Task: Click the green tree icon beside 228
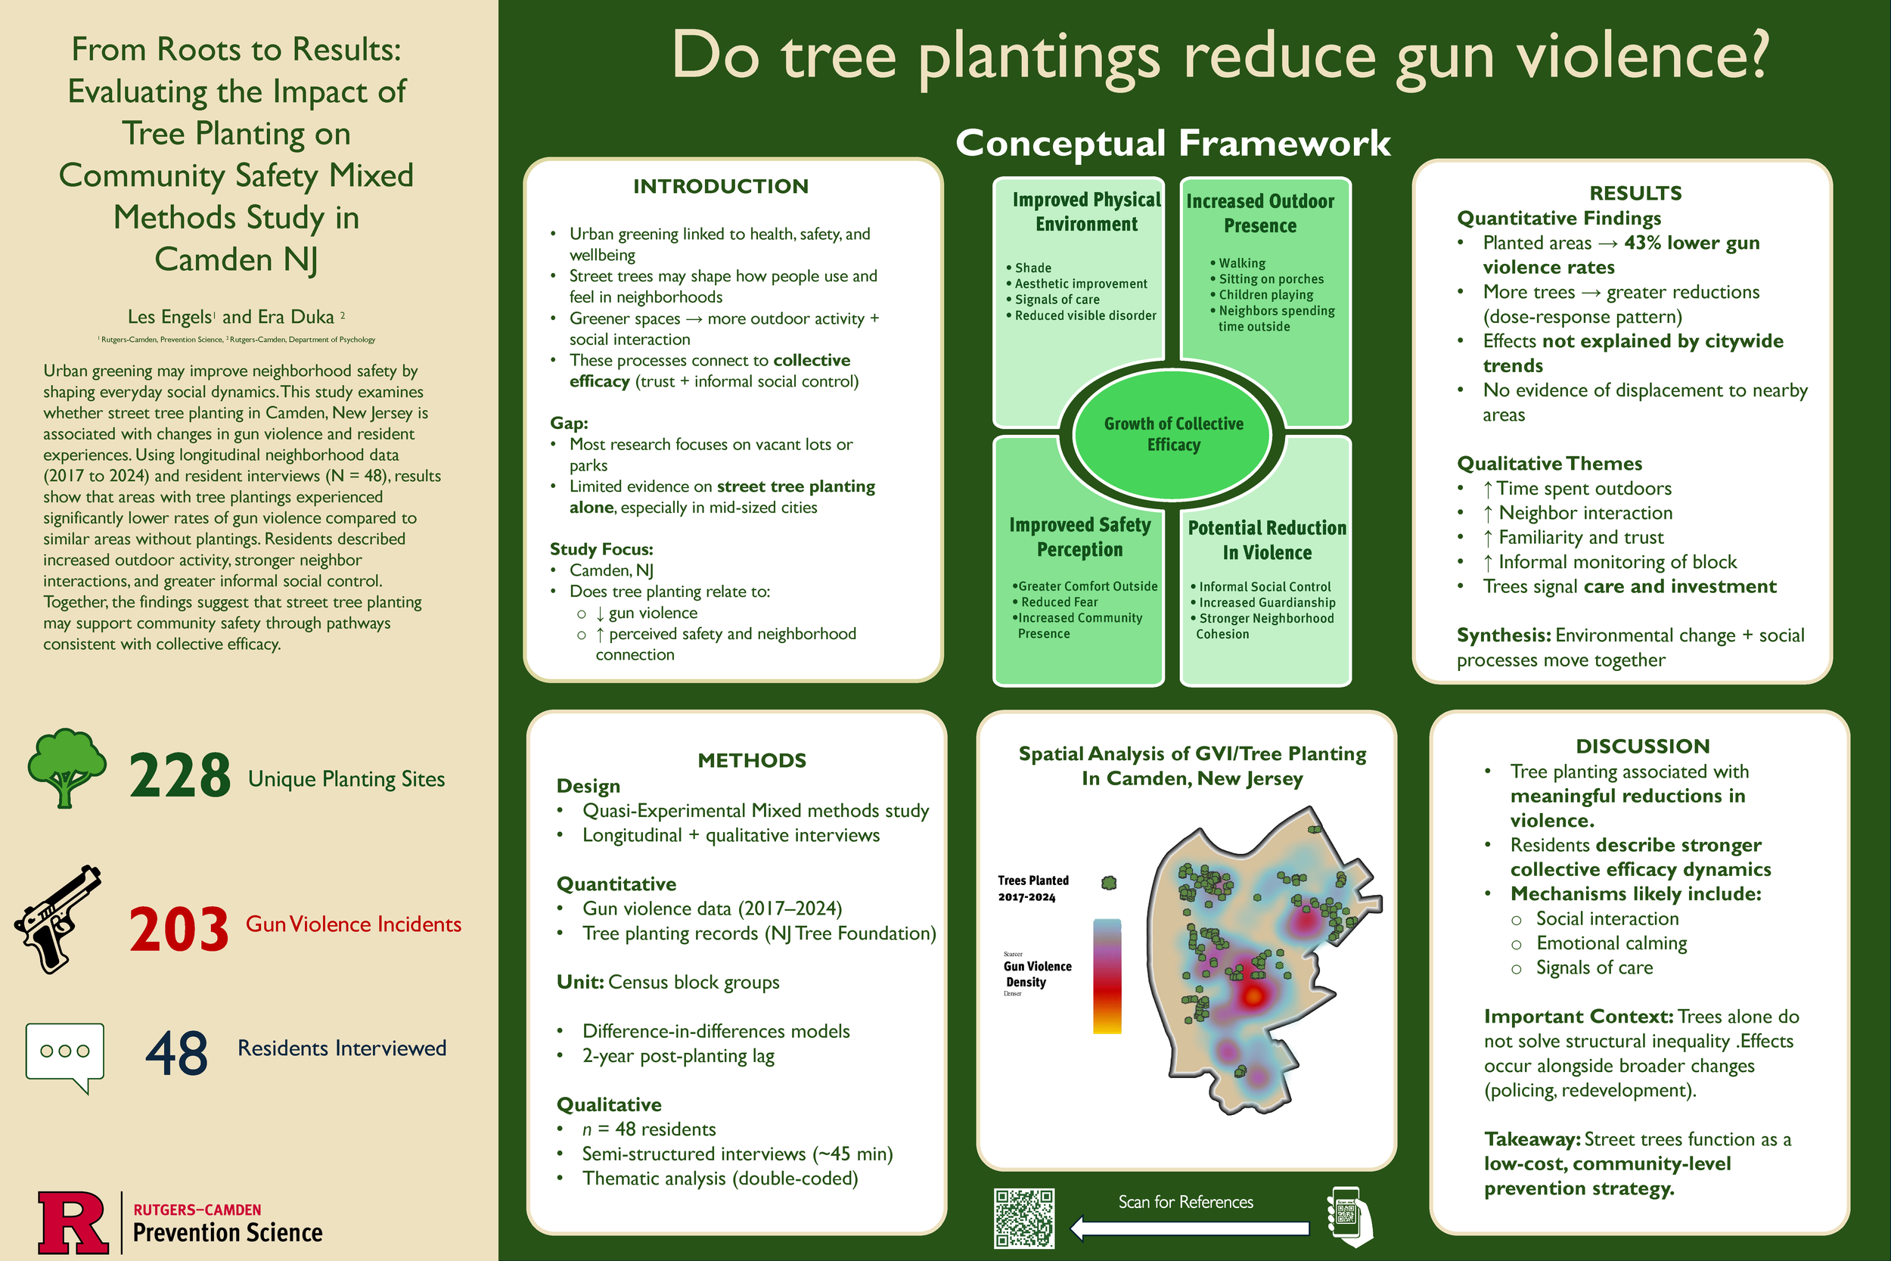click(66, 767)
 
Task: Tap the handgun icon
click(58, 918)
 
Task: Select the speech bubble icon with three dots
click(64, 1054)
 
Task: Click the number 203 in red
click(179, 930)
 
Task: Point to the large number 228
click(179, 776)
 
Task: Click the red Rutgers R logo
click(73, 1222)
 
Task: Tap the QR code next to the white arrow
click(1023, 1219)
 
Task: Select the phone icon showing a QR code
click(1346, 1216)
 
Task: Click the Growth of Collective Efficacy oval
click(1173, 434)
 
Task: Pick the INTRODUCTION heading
click(720, 187)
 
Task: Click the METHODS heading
click(752, 761)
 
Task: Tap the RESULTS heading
click(1635, 193)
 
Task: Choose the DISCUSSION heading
click(1641, 747)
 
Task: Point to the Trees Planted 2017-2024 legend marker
click(1109, 883)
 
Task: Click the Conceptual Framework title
click(1172, 143)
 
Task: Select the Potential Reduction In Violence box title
click(1266, 539)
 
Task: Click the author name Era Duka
click(295, 317)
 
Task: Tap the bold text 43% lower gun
click(1691, 243)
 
